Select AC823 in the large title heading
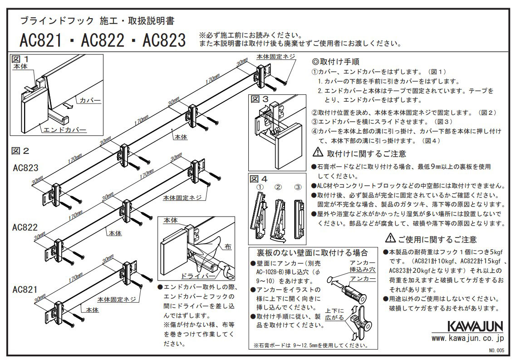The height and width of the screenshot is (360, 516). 164,41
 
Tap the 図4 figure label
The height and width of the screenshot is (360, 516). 259,178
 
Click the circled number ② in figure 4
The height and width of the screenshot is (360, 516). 278,186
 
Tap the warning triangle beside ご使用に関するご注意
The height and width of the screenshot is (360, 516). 390,239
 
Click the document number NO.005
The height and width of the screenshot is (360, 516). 496,350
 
